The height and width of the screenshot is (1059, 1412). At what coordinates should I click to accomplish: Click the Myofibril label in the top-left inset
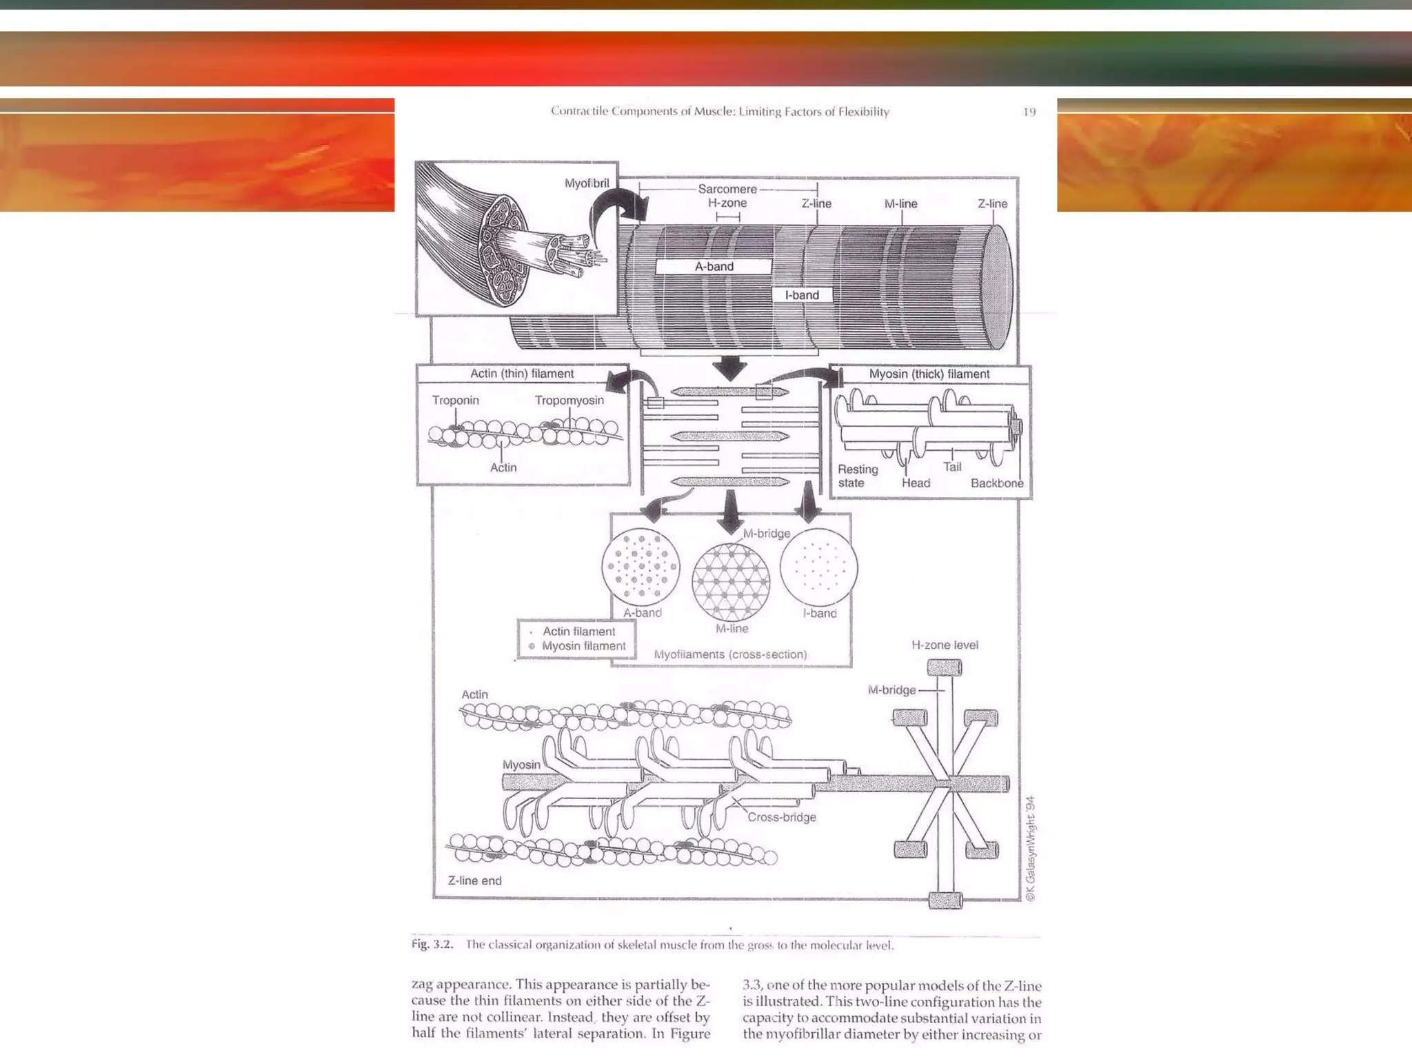click(587, 183)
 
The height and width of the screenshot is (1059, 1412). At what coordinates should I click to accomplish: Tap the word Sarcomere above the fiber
click(727, 189)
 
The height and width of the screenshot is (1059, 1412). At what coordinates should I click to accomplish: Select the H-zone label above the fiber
click(727, 203)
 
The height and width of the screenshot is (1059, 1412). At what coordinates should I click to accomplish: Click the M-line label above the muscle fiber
click(900, 204)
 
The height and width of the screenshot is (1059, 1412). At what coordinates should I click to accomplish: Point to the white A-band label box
click(714, 267)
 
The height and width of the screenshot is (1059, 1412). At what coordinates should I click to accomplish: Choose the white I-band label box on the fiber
click(802, 295)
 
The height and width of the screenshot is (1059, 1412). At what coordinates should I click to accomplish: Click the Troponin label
click(455, 401)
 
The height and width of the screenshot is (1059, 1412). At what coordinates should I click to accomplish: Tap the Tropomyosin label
click(569, 401)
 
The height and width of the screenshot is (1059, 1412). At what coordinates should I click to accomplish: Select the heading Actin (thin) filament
click(522, 374)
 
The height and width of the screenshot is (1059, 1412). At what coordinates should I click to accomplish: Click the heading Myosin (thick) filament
click(929, 374)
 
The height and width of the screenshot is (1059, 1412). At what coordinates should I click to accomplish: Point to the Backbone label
click(997, 483)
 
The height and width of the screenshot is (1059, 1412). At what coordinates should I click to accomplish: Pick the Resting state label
click(857, 476)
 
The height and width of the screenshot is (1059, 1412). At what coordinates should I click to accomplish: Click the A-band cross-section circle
click(641, 567)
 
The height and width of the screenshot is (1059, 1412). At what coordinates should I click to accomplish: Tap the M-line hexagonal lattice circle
click(731, 582)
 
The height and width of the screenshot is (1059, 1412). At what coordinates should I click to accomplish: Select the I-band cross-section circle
click(819, 567)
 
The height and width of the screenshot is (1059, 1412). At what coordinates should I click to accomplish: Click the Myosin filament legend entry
click(583, 646)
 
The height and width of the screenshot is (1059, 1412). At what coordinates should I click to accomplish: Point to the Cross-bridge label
click(782, 817)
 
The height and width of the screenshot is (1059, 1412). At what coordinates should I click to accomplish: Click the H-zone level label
click(945, 645)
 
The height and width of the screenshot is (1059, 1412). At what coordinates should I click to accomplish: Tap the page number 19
click(1029, 112)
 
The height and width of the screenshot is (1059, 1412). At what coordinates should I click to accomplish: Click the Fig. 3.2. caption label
click(432, 945)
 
